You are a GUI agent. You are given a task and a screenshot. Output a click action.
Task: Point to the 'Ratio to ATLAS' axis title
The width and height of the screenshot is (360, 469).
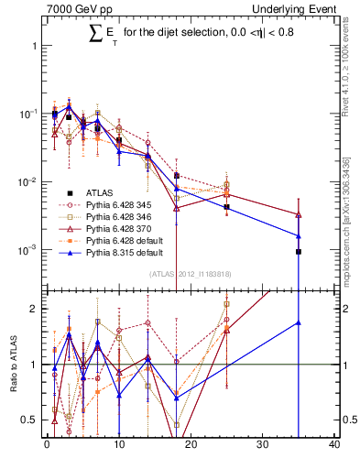pos(12,365)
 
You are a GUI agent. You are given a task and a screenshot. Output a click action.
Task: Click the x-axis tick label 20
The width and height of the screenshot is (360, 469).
pos(191,446)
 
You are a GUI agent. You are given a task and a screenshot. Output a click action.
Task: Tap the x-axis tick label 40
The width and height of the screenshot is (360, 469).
pos(334,446)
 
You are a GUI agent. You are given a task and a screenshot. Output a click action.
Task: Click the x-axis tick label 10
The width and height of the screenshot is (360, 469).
pos(118,446)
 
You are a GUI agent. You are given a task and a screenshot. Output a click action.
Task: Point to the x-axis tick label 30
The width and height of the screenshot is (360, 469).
pos(263,446)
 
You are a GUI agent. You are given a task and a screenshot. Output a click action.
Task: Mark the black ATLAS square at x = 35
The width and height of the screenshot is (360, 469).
pos(299,251)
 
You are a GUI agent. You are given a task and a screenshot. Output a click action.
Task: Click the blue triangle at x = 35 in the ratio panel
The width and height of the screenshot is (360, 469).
pos(299,322)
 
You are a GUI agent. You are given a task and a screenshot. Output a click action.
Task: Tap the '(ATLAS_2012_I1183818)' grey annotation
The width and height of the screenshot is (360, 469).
pos(191,273)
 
